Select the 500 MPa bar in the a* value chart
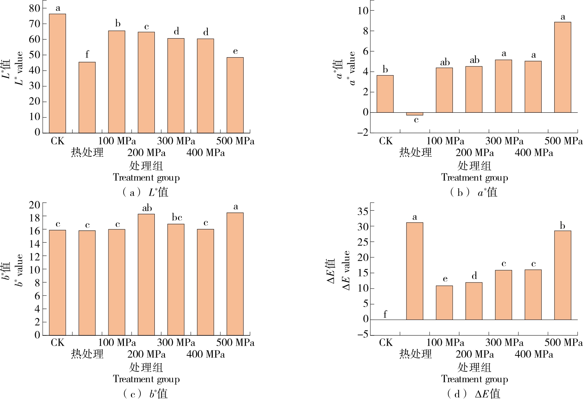coord(563,67)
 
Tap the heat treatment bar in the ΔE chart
coord(415,271)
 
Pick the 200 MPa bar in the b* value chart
coord(146,274)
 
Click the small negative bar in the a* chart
coord(415,114)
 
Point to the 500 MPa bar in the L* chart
coord(235,95)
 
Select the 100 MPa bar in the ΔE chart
coord(444,302)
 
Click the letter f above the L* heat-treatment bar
coord(87,54)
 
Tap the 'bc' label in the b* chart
coord(177,217)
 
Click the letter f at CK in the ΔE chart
coord(385,314)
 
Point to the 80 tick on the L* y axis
coord(34,8)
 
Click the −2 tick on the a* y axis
coord(363,132)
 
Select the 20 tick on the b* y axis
coord(34,204)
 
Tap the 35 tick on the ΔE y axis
coord(363,211)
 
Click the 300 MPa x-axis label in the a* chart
coord(504,141)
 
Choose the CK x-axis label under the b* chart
coord(58,342)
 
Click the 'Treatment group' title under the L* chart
coord(146,178)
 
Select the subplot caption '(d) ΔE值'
coord(474,393)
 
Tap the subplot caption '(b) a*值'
coord(474,192)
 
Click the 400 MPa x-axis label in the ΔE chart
coord(534,354)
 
